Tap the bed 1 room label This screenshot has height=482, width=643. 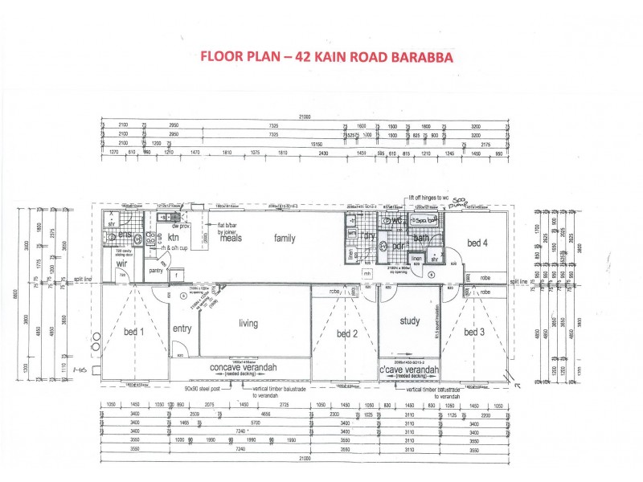[133, 332]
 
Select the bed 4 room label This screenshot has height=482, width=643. [477, 242]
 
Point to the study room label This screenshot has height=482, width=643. [410, 321]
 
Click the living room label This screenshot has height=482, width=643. [252, 323]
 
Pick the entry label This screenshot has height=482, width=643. [181, 329]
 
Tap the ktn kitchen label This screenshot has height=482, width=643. [173, 237]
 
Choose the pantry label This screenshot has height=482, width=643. [157, 271]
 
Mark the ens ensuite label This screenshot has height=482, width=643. [125, 235]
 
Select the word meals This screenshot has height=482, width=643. [231, 238]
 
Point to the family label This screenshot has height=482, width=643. [285, 238]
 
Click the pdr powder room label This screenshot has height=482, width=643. [396, 246]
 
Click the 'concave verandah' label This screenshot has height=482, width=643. [244, 367]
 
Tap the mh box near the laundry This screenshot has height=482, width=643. [367, 274]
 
